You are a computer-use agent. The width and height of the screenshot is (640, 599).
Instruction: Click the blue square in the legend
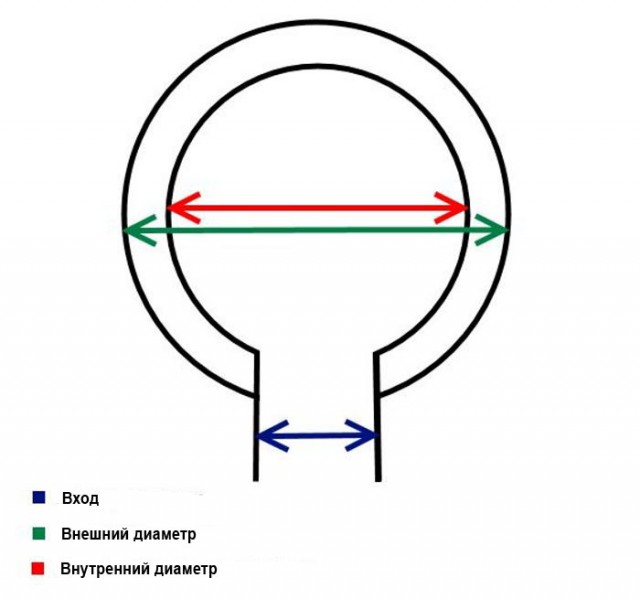38,497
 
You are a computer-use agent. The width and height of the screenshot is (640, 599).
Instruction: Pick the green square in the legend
38,533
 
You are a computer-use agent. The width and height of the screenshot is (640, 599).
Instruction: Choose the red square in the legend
38,569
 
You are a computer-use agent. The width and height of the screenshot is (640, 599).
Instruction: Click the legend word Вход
80,497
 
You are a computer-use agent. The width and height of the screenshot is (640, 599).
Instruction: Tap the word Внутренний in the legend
105,569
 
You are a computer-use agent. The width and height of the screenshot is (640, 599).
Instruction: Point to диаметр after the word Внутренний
185,569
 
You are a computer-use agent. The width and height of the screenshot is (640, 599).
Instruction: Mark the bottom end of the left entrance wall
256,479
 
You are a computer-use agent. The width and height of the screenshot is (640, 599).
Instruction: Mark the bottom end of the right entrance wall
378,479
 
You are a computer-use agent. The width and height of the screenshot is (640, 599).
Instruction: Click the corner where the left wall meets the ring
257,352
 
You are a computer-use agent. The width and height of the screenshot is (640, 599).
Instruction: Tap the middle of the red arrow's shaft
316,208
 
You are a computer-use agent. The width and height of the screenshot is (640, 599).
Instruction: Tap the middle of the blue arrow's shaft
316,435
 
